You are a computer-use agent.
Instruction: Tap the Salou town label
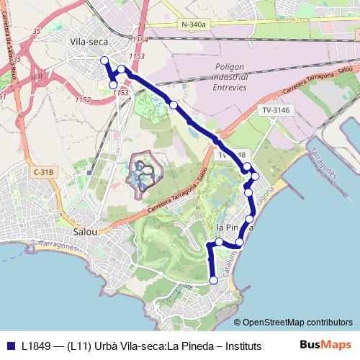pyautogui.click(x=89, y=232)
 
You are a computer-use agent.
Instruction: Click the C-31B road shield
pyautogui.click(x=43, y=172)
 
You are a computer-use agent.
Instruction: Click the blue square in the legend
pyautogui.click(x=11, y=345)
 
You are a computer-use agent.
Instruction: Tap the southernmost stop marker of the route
pyautogui.click(x=213, y=280)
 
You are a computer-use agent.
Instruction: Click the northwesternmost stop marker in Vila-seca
pyautogui.click(x=104, y=60)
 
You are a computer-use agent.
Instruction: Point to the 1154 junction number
pyautogui.click(x=140, y=39)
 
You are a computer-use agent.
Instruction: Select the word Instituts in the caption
pyautogui.click(x=238, y=345)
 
